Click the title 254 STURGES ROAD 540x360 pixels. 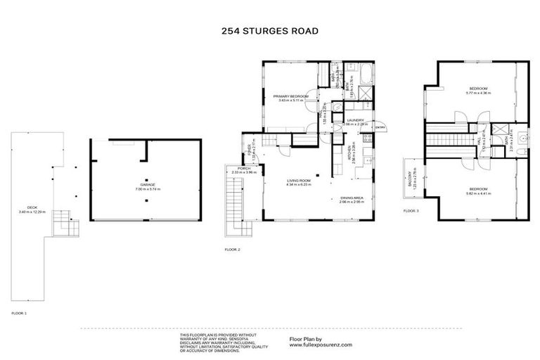click(270, 31)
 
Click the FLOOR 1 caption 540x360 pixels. click(19, 311)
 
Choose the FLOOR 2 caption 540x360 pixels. click(233, 250)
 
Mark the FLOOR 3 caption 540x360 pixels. click(412, 210)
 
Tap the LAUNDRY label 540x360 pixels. click(355, 120)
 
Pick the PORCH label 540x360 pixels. click(244, 169)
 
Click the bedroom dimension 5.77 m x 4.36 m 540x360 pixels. click(479, 93)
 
